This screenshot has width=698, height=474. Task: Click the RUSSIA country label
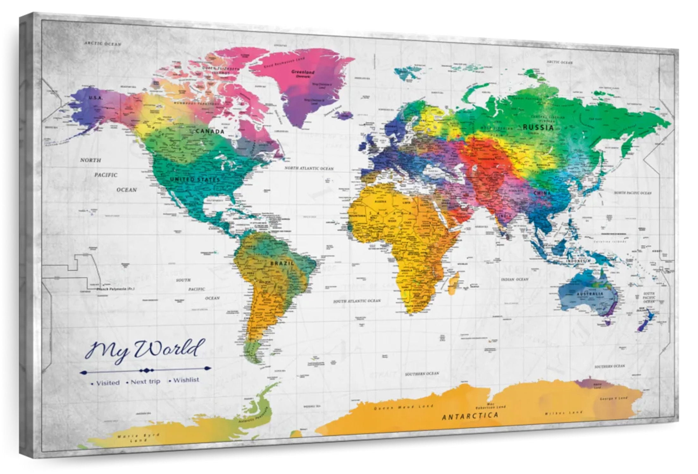pyautogui.click(x=538, y=128)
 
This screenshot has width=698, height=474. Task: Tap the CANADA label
pyautogui.click(x=210, y=131)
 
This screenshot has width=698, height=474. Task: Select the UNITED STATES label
pyautogui.click(x=195, y=179)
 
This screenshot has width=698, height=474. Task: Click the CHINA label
pyautogui.click(x=542, y=193)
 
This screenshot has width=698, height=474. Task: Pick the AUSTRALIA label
pyautogui.click(x=590, y=294)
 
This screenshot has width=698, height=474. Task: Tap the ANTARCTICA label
pyautogui.click(x=470, y=416)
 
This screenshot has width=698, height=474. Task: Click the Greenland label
pyautogui.click(x=303, y=72)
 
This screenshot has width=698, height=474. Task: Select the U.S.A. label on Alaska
pyautogui.click(x=96, y=98)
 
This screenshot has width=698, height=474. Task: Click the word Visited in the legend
pyautogui.click(x=108, y=383)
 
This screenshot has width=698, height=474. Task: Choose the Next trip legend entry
pyautogui.click(x=145, y=382)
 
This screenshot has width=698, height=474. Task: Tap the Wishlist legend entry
pyautogui.click(x=186, y=380)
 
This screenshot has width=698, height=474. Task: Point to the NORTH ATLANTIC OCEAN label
pyautogui.click(x=309, y=168)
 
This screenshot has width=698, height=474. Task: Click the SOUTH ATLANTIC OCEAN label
pyautogui.click(x=357, y=301)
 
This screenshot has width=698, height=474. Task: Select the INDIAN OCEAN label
pyautogui.click(x=514, y=280)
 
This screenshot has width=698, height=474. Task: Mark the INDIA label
pyautogui.click(x=505, y=216)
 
